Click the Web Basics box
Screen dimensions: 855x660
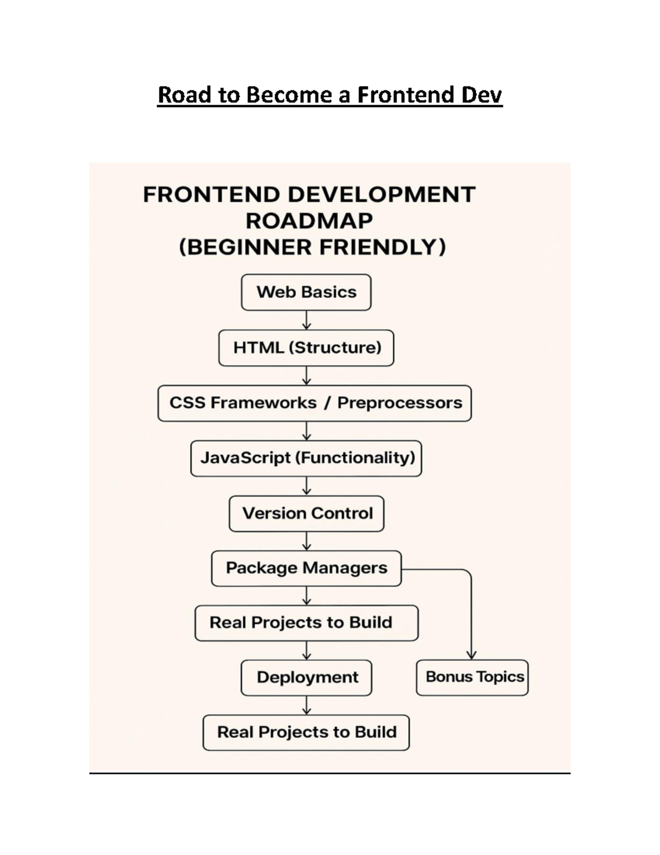tap(306, 292)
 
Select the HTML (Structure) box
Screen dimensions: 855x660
tap(306, 348)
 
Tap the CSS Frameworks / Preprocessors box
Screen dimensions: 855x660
tap(315, 403)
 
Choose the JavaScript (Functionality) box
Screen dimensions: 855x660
tap(306, 458)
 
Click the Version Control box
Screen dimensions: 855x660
tap(306, 513)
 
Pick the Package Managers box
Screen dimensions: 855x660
tap(306, 568)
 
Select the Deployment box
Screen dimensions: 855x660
tap(306, 677)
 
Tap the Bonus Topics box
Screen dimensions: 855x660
tap(472, 677)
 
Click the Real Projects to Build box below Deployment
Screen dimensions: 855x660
tap(306, 732)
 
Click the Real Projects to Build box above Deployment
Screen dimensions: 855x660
tap(306, 623)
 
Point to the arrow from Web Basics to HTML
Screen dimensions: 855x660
tap(306, 320)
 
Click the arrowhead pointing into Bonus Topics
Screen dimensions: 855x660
tap(471, 655)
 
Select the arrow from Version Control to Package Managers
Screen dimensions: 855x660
tap(306, 541)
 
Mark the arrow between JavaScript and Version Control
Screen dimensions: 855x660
tap(306, 486)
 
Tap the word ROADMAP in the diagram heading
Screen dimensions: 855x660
tap(309, 221)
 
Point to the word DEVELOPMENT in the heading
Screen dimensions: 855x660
tap(382, 195)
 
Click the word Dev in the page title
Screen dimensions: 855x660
tap(482, 95)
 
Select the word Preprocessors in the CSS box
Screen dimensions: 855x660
tap(400, 403)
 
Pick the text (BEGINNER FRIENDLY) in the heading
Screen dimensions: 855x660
tap(312, 247)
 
